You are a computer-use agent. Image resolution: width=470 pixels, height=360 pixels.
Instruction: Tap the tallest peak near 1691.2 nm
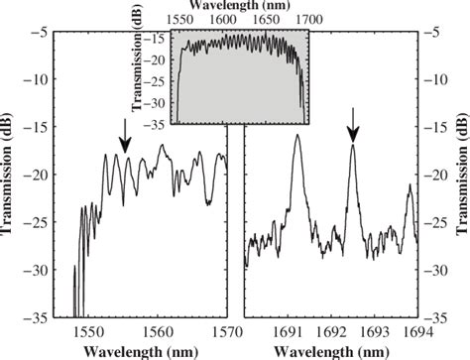[x=296, y=136]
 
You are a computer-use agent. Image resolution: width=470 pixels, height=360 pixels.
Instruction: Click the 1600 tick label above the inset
[x=222, y=20]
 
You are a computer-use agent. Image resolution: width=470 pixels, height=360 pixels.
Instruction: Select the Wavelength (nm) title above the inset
[x=241, y=6]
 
